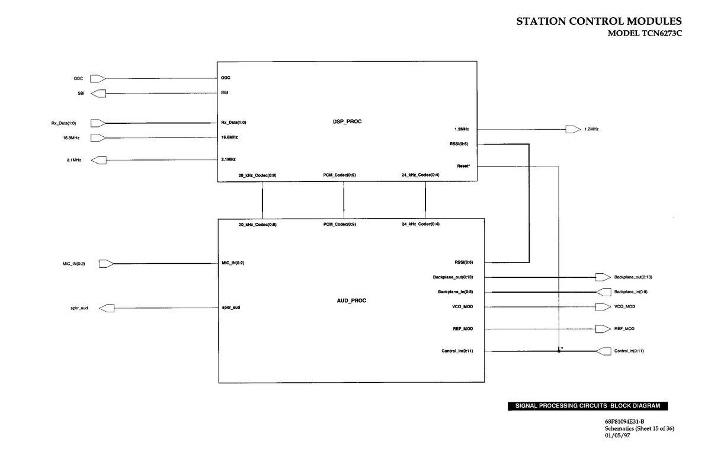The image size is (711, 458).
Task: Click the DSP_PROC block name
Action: click(347, 121)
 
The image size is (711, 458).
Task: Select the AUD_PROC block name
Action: click(351, 300)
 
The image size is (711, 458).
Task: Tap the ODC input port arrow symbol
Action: click(98, 78)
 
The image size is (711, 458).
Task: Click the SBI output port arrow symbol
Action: click(98, 94)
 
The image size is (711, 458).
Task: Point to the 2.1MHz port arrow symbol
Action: click(99, 160)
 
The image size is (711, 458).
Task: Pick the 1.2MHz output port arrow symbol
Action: click(574, 129)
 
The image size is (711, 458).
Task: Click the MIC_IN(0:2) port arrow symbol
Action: click(106, 264)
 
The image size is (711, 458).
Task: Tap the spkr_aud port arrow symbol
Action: click(107, 308)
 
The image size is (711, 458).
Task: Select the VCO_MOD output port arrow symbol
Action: click(603, 307)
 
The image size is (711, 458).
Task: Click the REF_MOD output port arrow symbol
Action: click(603, 329)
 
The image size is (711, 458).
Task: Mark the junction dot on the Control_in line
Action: click(559, 351)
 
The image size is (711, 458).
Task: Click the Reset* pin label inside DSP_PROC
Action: click(463, 166)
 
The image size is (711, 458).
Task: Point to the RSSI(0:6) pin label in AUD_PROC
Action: click(464, 262)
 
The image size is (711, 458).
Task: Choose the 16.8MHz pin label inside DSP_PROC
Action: click(229, 137)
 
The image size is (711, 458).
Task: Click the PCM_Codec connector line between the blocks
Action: click(344, 200)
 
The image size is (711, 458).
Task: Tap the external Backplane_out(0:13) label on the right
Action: click(633, 277)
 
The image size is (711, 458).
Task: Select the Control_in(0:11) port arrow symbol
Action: click(603, 351)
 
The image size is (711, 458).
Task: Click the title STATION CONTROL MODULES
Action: click(599, 21)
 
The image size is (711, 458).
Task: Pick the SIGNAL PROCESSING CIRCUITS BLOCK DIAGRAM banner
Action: click(588, 406)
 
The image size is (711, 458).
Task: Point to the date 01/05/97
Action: click(617, 435)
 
